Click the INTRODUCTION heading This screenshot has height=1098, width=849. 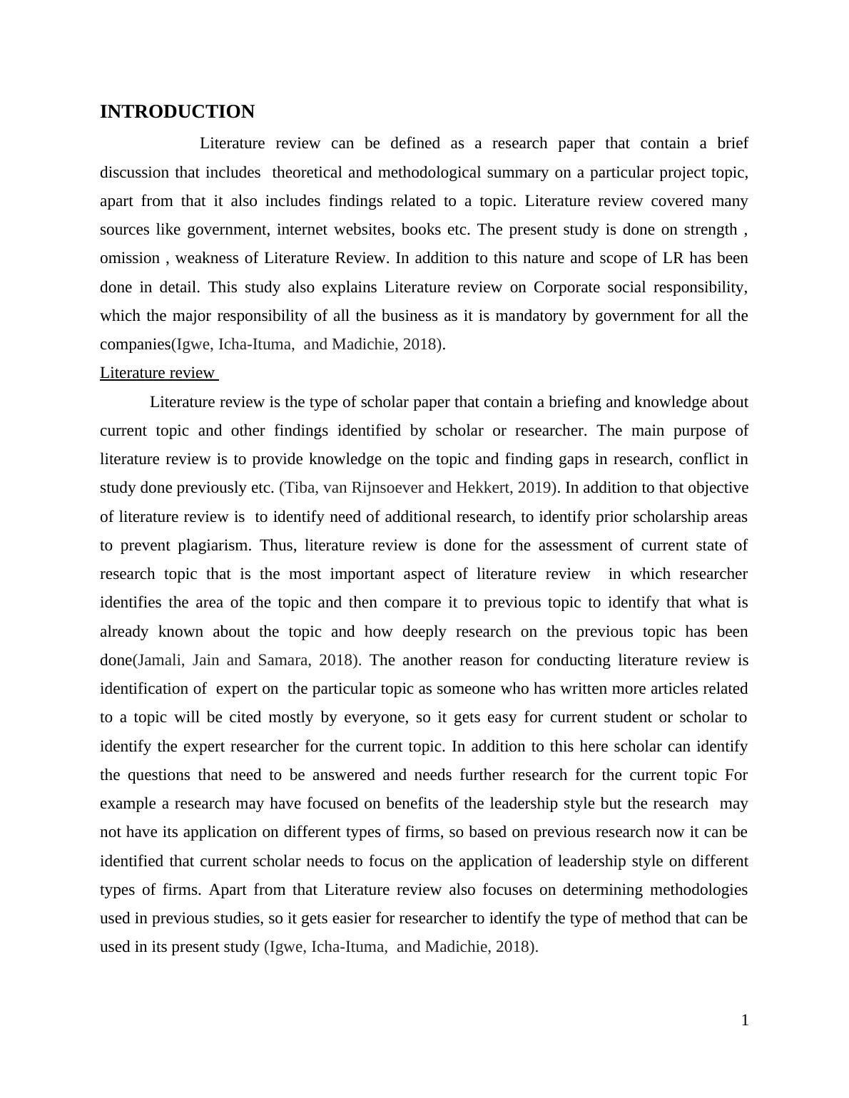coord(177,112)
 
